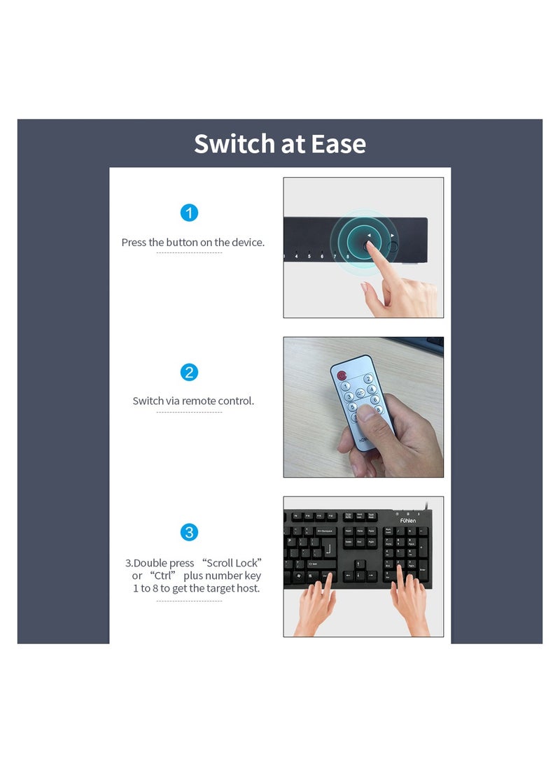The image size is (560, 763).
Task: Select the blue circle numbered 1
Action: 189,213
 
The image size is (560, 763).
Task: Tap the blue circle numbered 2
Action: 189,372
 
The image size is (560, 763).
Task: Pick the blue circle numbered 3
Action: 189,532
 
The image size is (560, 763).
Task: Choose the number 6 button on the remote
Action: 375,400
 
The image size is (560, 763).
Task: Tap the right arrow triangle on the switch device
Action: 393,236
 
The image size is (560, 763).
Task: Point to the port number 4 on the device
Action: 297,257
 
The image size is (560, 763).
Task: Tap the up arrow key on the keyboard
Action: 360,564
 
